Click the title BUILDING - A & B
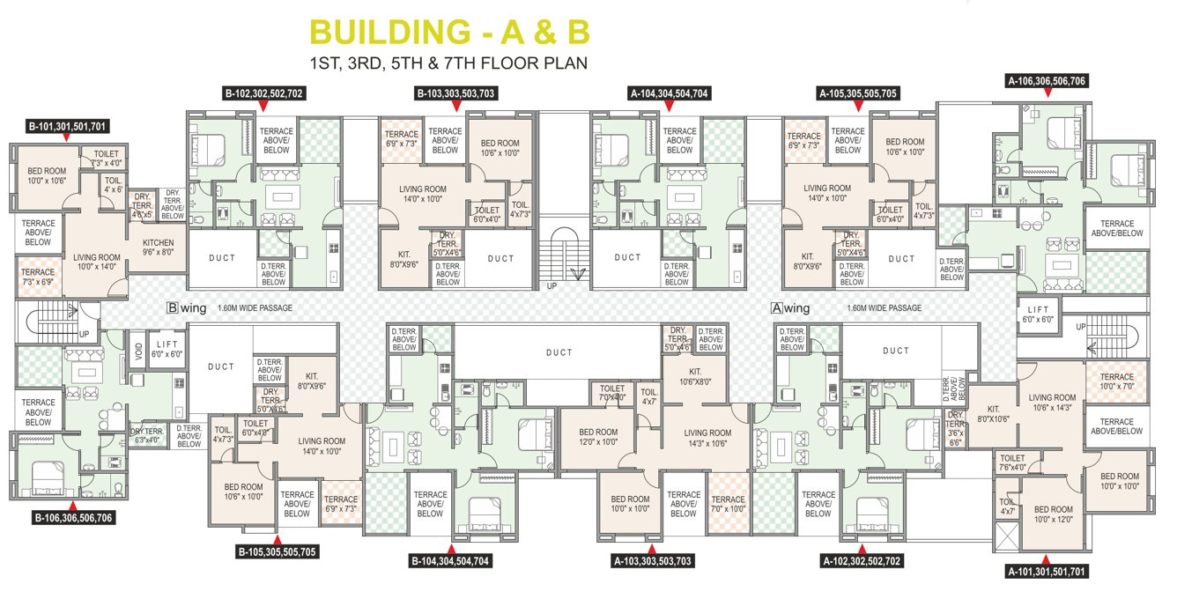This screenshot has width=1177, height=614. click(x=448, y=32)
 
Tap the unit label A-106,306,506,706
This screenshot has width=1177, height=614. click(x=1046, y=80)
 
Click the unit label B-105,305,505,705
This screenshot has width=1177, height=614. click(x=277, y=552)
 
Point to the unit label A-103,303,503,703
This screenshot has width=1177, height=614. click(x=652, y=559)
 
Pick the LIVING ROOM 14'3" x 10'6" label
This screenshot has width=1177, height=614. click(x=707, y=438)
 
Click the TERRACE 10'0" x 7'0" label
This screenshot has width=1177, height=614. click(x=1116, y=381)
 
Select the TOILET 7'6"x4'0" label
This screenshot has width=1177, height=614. click(x=1013, y=462)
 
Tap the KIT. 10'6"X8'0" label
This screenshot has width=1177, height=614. click(x=695, y=376)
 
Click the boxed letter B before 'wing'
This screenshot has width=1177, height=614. click(x=174, y=308)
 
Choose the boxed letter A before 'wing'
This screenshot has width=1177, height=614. click(x=777, y=308)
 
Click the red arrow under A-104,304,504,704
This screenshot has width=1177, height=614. click(x=669, y=106)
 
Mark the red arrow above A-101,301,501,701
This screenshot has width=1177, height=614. click(x=1046, y=559)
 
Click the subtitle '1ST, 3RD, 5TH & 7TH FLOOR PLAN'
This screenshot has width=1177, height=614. click(x=448, y=63)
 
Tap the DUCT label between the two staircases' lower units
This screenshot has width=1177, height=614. click(x=559, y=352)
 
